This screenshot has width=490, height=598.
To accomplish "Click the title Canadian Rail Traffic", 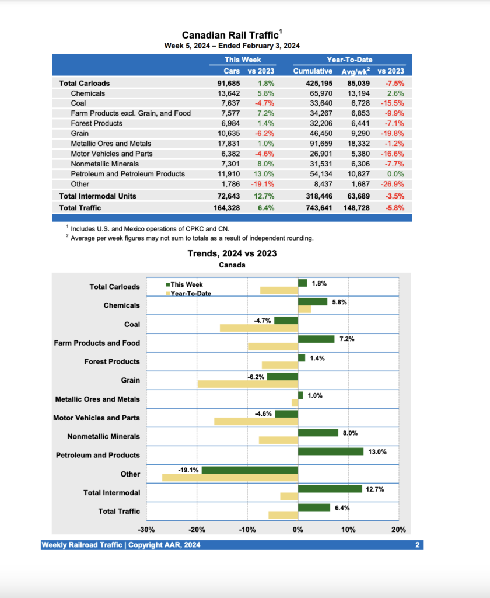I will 230,35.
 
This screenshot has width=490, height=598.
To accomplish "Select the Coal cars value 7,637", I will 228,103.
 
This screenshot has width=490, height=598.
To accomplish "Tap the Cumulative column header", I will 312,71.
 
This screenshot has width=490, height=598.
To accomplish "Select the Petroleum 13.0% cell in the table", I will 264,174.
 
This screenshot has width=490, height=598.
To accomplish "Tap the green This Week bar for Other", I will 250,470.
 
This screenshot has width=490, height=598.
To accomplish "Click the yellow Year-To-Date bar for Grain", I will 247,384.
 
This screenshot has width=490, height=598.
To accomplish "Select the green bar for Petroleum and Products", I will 330,451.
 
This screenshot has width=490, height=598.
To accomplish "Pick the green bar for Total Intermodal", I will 330,489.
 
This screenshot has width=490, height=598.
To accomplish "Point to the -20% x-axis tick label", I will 197,530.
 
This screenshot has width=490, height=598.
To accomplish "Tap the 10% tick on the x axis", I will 348,530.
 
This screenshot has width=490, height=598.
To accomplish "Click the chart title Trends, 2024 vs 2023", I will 232,253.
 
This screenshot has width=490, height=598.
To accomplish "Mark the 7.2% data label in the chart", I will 347,339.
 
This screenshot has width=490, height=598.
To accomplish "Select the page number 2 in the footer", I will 418,545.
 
